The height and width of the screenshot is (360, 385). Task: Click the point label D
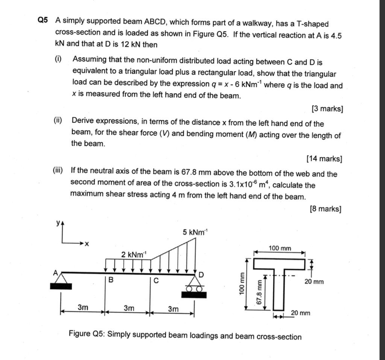click(201, 275)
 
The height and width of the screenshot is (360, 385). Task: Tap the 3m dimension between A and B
click(83, 308)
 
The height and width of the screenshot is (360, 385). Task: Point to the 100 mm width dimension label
click(280, 248)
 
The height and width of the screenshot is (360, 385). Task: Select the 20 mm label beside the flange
click(314, 281)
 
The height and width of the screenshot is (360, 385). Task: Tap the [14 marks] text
click(324, 159)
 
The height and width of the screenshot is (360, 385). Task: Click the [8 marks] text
click(326, 209)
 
